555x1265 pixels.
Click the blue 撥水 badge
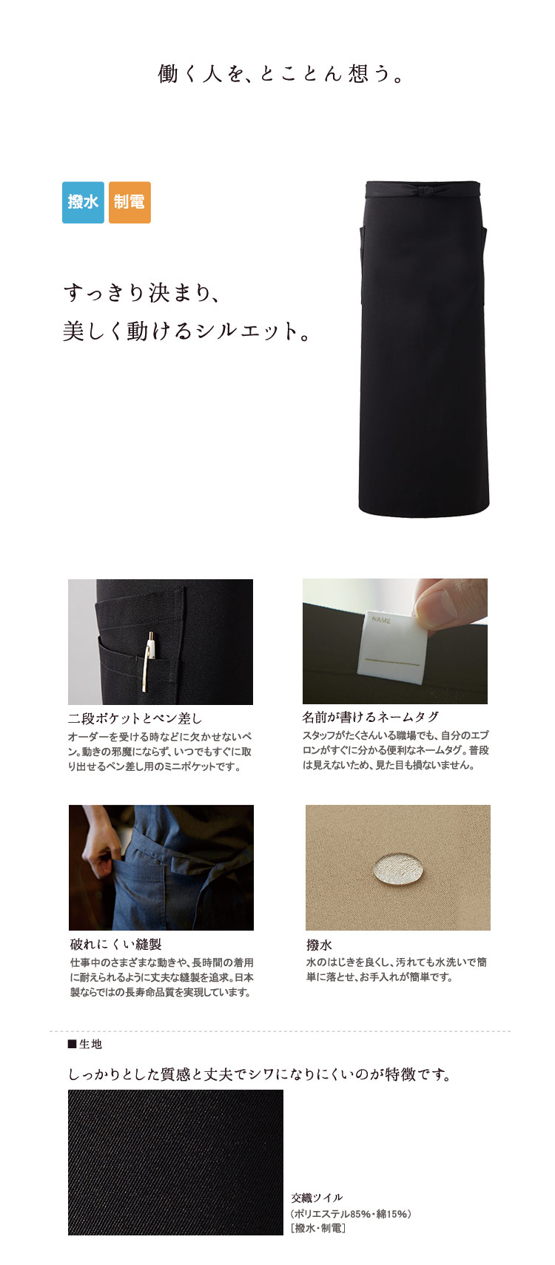pos(83,202)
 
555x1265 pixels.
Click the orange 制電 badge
pos(129,202)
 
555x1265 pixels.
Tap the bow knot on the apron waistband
pos(423,191)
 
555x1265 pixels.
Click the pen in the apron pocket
pos(149,661)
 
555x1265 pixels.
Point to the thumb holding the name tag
pos(447,601)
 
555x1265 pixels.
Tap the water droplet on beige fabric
pos(397,868)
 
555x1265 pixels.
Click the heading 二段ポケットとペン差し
pos(135,718)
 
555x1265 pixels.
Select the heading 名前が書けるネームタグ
pos(370,717)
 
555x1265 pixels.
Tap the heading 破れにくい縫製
pos(116,944)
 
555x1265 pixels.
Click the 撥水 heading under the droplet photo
pos(319,945)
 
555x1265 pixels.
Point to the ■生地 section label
pos(85,1045)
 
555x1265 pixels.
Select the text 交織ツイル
pos(317,1198)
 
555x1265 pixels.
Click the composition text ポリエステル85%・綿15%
pos(351,1214)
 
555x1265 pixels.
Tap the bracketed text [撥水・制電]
pos(318,1228)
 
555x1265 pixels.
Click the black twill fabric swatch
pos(176,1162)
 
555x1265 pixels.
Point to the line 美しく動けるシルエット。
pos(186,331)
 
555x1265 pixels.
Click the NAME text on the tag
pos(382,620)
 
